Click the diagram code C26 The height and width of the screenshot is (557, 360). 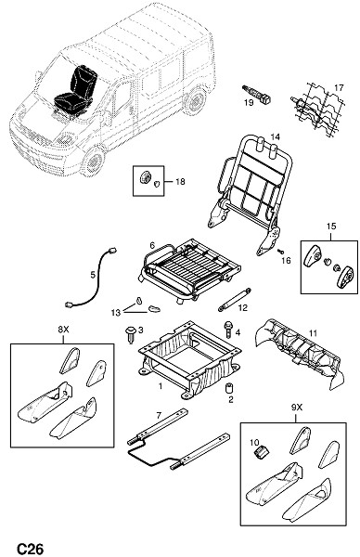(31, 549)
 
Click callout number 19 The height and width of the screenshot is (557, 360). (249, 103)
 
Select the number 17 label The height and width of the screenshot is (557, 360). (340, 87)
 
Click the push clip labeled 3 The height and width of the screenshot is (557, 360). (130, 334)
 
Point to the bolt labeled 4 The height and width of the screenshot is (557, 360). (227, 330)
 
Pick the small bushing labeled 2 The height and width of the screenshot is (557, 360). (229, 387)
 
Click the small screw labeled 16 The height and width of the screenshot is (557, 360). (280, 252)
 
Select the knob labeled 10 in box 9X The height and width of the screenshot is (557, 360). (263, 452)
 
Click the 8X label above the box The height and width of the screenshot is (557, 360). (63, 330)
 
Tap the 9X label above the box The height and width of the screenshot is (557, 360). (297, 408)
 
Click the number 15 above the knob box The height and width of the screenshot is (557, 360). (331, 227)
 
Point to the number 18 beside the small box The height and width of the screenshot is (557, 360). (180, 182)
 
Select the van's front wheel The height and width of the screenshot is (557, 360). (94, 162)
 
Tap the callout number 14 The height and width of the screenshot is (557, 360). (276, 136)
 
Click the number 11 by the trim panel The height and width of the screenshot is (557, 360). (313, 333)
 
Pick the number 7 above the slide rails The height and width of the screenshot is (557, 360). (159, 415)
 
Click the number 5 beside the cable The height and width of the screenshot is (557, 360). (93, 275)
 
